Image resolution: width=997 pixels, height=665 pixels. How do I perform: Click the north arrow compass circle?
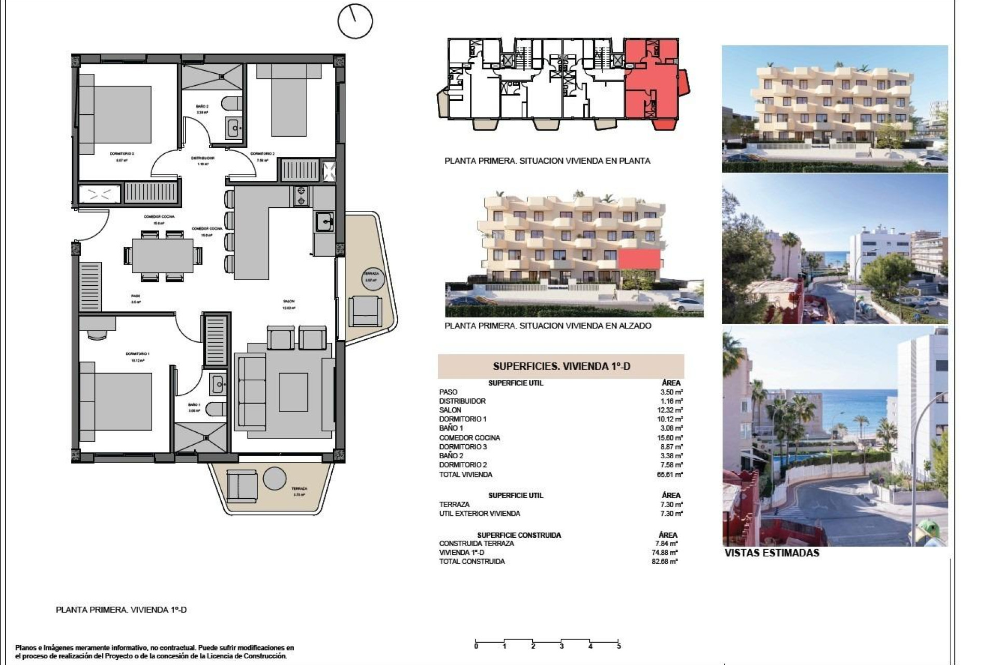[x=355, y=21]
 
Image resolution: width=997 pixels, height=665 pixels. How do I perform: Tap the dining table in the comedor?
[x=163, y=255]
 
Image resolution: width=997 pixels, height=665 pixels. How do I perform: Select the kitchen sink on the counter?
[x=325, y=222]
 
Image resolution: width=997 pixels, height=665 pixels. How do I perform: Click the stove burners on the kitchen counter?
[x=301, y=196]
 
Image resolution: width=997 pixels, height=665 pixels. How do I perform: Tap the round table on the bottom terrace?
[x=274, y=478]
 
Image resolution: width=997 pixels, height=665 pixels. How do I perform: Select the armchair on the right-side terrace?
[x=365, y=310]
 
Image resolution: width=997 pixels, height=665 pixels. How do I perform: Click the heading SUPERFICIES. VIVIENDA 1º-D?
[x=561, y=366]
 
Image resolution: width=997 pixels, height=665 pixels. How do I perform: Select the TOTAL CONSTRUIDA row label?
[x=471, y=562]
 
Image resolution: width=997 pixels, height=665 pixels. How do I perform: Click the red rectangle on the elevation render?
[x=639, y=259]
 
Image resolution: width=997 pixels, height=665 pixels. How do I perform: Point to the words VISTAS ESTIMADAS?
[x=772, y=553]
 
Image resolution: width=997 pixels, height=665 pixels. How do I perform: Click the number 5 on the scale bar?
[x=618, y=646]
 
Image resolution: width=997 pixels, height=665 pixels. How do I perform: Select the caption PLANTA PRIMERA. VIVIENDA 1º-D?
[x=121, y=610]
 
